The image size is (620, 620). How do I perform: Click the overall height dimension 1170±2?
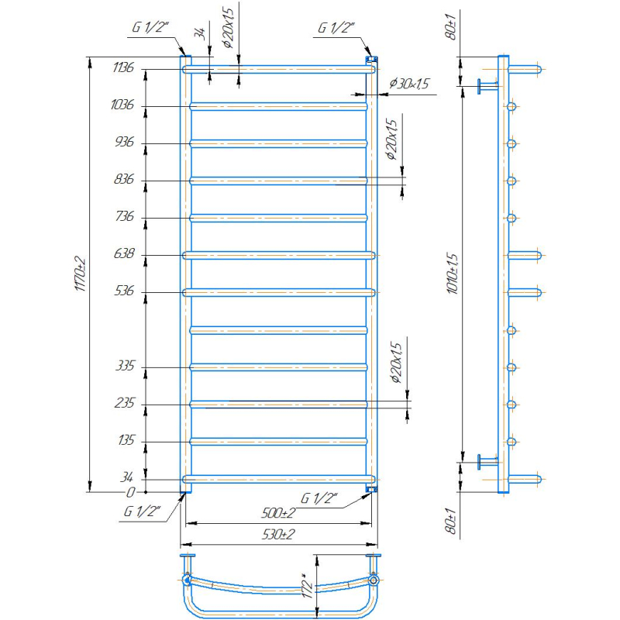click(81, 274)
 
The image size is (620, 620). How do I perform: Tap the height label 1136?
click(123, 67)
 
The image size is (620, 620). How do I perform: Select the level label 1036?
click(122, 105)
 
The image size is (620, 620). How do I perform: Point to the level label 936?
click(124, 142)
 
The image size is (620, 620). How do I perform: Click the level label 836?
click(124, 179)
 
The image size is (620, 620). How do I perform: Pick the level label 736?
click(125, 216)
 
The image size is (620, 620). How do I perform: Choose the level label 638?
click(124, 253)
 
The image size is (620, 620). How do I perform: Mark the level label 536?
click(124, 291)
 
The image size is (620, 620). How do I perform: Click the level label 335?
click(125, 365)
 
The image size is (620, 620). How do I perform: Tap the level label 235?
click(125, 403)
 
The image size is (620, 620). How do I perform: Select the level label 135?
click(126, 440)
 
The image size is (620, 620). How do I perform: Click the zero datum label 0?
click(130, 492)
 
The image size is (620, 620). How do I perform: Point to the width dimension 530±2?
click(278, 535)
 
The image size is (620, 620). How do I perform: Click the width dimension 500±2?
click(278, 513)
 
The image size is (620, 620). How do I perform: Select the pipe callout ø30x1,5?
click(409, 84)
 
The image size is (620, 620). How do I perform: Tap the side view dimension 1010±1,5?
click(453, 274)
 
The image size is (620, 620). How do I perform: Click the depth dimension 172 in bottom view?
click(308, 588)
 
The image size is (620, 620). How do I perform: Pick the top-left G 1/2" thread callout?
click(150, 27)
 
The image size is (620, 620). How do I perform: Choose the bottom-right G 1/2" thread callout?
click(319, 498)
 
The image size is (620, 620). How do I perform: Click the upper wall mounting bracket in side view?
click(487, 85)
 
